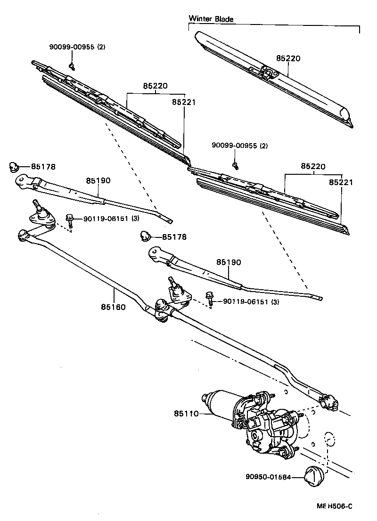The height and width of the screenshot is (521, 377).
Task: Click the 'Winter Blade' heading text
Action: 211,19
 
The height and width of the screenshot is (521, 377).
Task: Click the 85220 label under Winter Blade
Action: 288,58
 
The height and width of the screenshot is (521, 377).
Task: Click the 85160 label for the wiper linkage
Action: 113,307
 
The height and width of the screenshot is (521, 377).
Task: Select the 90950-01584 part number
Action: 267,477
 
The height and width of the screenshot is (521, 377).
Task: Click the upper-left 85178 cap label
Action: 43,166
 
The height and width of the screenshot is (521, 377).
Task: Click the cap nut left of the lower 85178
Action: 146,236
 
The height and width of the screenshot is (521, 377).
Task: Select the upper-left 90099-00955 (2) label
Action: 77,48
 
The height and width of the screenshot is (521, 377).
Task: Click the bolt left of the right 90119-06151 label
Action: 209,298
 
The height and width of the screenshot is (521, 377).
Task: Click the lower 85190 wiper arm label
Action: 229,261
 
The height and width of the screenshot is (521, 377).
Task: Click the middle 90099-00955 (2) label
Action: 239,146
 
